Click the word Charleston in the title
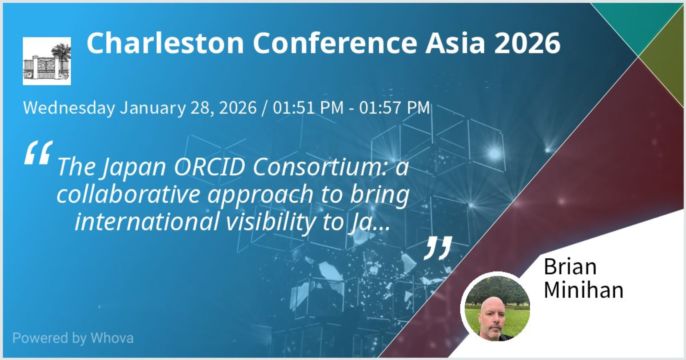coord(165,43)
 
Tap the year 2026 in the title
coord(527,43)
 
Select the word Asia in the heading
coord(455,43)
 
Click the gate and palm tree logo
coord(47,61)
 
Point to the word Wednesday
coord(69,108)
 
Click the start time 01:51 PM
coord(308,108)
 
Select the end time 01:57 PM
coord(394,108)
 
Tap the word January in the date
coord(153,108)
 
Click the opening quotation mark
coord(38,152)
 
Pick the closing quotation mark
coord(438,248)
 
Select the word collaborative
coord(128,194)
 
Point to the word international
coord(147,222)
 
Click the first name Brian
coord(570,267)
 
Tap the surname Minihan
coord(583,290)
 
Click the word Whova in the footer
coord(112,338)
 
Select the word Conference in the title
coord(335,43)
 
